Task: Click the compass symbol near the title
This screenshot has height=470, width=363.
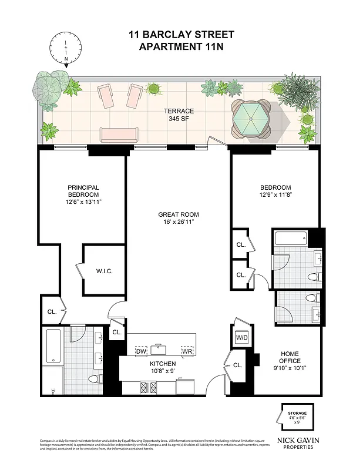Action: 66,48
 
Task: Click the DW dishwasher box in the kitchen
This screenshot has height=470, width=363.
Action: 140,351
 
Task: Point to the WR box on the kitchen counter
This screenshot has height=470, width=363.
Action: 187,351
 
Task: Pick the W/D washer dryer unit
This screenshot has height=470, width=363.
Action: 242,338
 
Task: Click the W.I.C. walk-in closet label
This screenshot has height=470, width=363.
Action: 104,271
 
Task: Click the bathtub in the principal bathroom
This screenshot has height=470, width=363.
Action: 53,347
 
